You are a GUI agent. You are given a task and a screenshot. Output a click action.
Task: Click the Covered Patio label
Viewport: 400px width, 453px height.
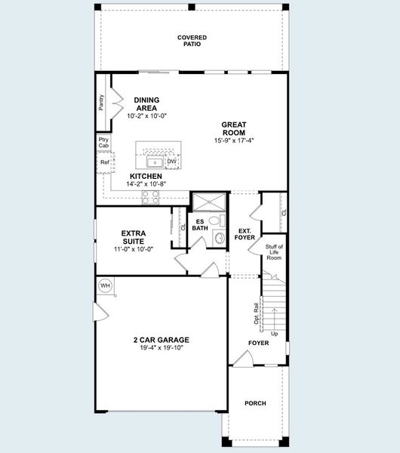pyautogui.click(x=192, y=41)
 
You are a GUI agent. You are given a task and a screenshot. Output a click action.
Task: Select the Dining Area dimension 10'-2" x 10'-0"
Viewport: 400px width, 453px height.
pyautogui.click(x=146, y=116)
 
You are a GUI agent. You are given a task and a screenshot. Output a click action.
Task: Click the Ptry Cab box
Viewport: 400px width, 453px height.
pyautogui.click(x=103, y=143)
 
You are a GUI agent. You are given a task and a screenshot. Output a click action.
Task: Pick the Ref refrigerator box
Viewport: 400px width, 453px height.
pyautogui.click(x=103, y=162)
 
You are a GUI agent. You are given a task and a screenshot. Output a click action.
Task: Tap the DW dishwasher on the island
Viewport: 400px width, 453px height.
pyautogui.click(x=171, y=162)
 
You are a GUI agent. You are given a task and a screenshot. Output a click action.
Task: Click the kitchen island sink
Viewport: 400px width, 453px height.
pyautogui.click(x=155, y=162)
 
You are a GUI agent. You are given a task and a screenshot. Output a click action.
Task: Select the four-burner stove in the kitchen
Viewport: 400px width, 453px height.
pyautogui.click(x=151, y=196)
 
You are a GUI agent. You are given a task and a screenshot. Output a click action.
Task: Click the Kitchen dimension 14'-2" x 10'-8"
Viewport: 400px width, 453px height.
pyautogui.click(x=146, y=183)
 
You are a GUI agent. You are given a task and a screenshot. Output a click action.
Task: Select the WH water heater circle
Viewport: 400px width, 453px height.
pyautogui.click(x=105, y=285)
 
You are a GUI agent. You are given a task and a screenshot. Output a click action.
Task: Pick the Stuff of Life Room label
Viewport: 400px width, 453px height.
pyautogui.click(x=274, y=252)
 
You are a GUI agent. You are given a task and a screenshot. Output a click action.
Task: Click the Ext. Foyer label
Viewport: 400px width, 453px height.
pyautogui.click(x=245, y=233)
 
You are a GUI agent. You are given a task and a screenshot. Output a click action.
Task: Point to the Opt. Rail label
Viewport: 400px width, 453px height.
pyautogui.click(x=256, y=314)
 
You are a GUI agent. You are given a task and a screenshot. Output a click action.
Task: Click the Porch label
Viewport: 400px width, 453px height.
pyautogui.click(x=255, y=403)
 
